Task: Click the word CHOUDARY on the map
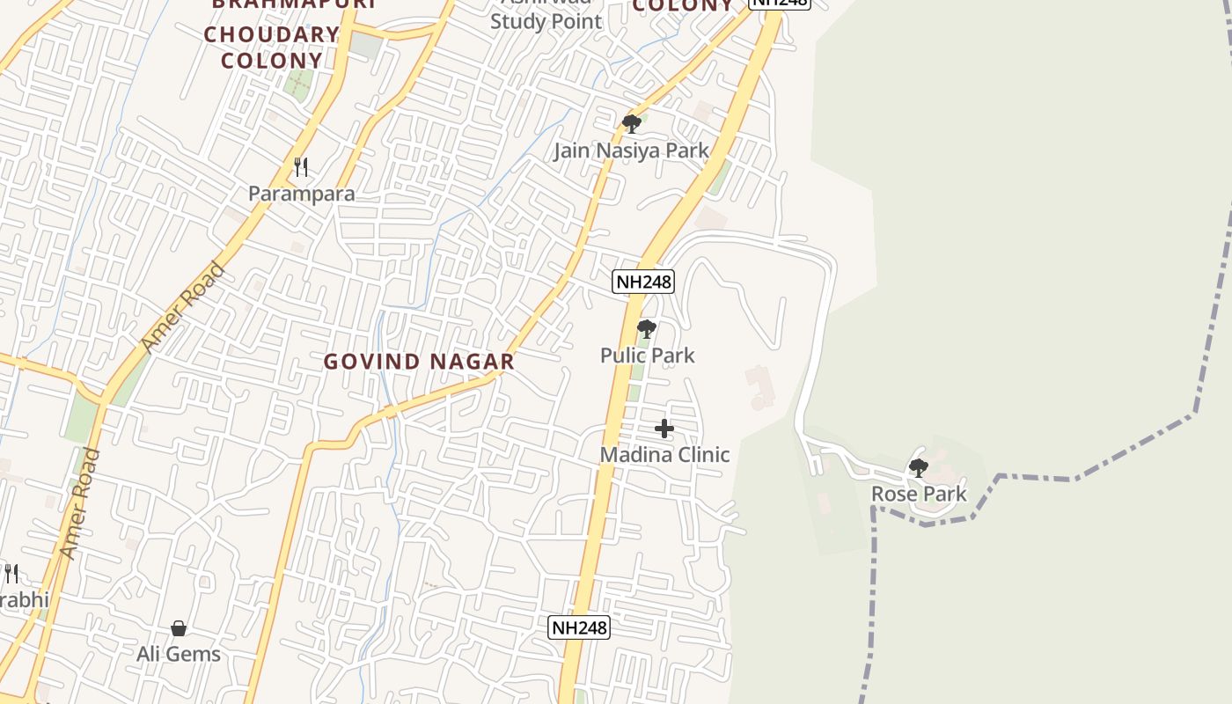[271, 35]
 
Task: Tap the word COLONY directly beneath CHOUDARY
[271, 61]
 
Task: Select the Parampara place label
[301, 194]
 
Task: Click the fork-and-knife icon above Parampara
[301, 166]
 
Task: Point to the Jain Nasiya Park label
[630, 150]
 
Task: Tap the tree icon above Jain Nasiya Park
[631, 123]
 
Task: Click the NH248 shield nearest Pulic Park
[643, 282]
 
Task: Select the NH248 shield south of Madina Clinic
[578, 627]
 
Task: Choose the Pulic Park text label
[647, 356]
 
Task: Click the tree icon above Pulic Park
[647, 330]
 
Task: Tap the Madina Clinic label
[664, 455]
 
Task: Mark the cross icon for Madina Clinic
[664, 429]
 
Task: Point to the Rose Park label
[919, 495]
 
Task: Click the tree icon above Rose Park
[918, 467]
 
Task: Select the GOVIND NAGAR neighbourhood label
[419, 362]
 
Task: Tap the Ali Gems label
[179, 654]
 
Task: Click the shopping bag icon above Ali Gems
[179, 628]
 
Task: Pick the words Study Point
[546, 21]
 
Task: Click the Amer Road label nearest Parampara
[183, 307]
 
